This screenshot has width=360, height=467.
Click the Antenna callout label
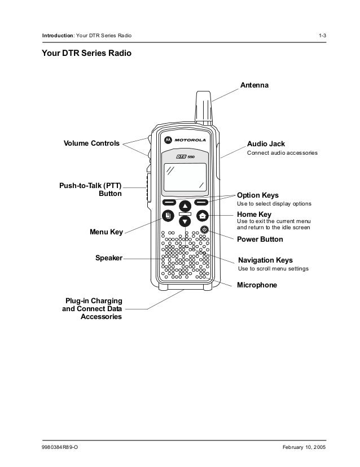[x=255, y=85]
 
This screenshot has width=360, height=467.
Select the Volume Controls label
[x=91, y=143]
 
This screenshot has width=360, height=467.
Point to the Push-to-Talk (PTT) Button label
[x=90, y=189]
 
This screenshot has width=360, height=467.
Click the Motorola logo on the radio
[x=185, y=139]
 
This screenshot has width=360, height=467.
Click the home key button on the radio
[x=202, y=215]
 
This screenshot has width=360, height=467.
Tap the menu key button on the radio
[x=168, y=215]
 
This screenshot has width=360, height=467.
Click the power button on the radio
[x=204, y=230]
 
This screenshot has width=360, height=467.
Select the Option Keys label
[x=257, y=195]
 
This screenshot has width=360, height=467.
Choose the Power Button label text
[x=260, y=239]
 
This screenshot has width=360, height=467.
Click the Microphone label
[x=257, y=286]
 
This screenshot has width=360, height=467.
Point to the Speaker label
[x=108, y=258]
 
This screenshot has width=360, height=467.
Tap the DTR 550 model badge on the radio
[x=185, y=156]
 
